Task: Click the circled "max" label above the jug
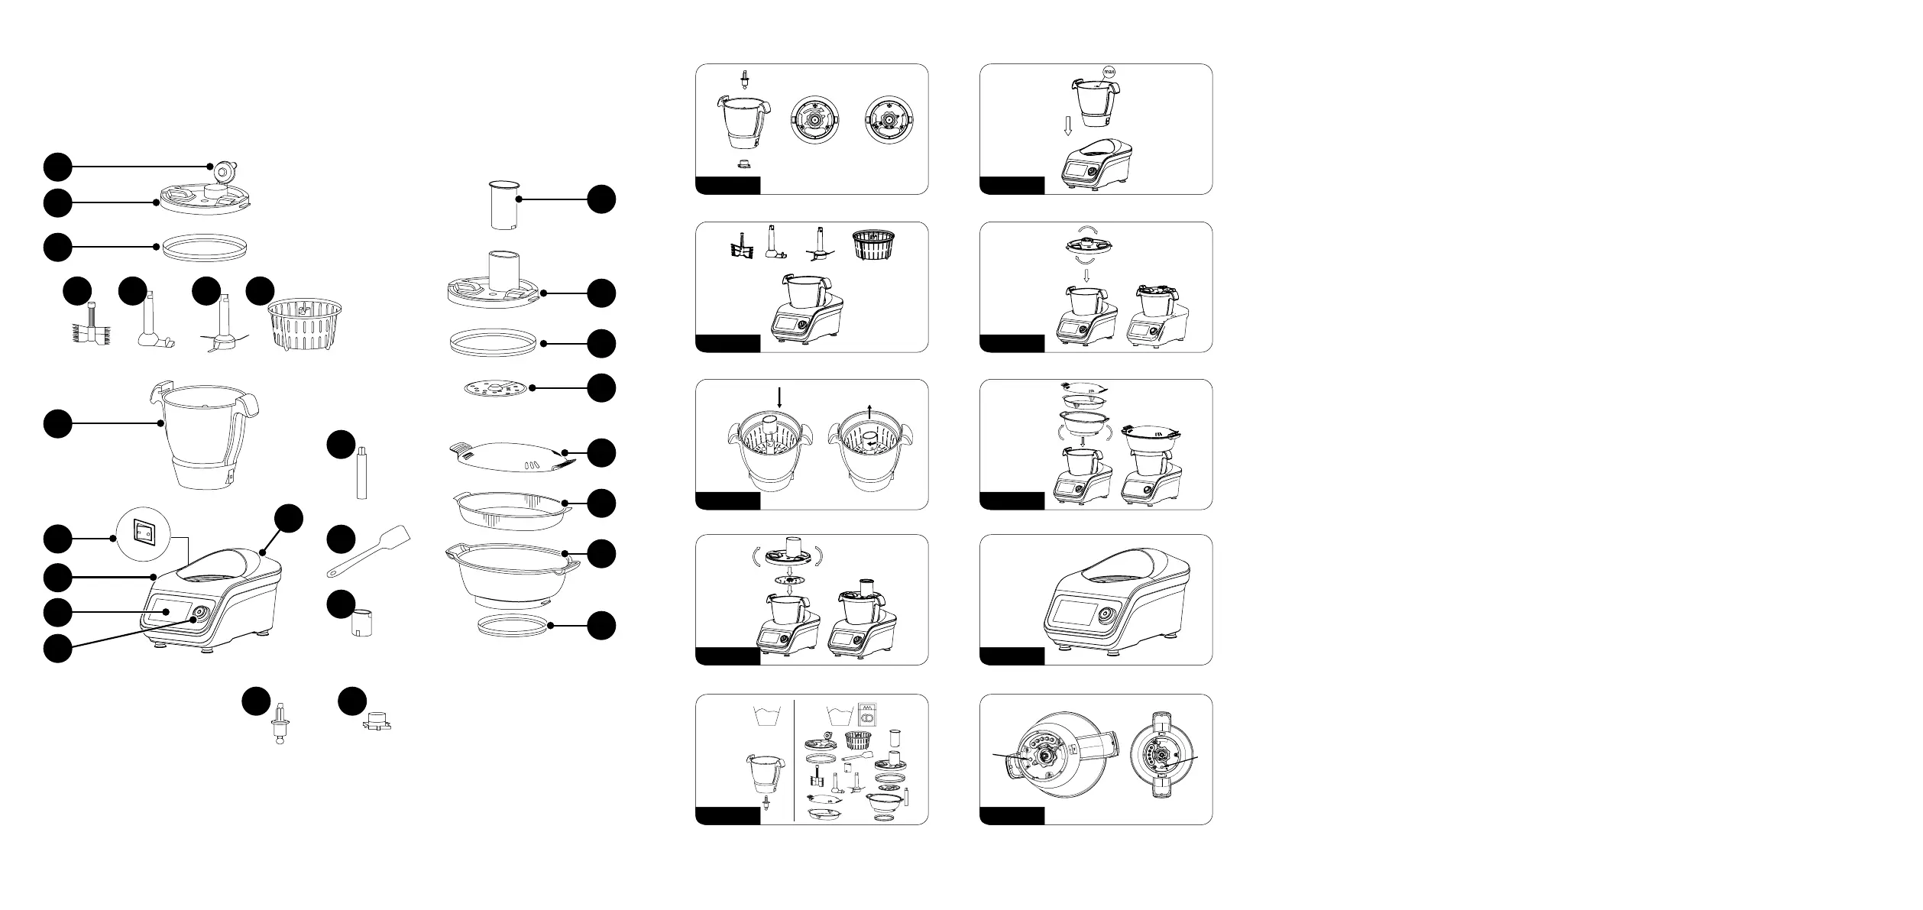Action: [x=1110, y=72]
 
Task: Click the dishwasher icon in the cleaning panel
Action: [x=867, y=714]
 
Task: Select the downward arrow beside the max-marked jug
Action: [x=1069, y=125]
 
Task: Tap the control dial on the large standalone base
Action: [x=1105, y=615]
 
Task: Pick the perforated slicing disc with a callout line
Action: [x=496, y=389]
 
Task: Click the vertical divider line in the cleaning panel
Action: [x=795, y=759]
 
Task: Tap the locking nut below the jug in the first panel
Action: [x=743, y=163]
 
